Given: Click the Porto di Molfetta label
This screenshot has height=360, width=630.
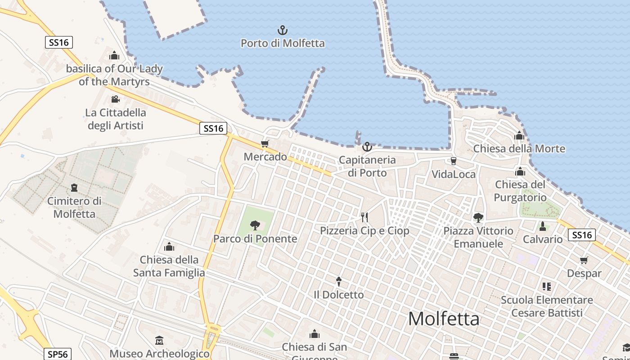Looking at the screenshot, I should [x=283, y=44].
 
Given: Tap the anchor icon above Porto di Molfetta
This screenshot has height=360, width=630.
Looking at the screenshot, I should [x=283, y=31].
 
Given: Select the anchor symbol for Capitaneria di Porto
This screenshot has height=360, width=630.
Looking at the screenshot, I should [x=367, y=147].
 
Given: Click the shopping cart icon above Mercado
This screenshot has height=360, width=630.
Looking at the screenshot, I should [x=265, y=144].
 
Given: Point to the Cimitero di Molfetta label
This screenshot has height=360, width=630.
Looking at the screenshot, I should [x=74, y=207].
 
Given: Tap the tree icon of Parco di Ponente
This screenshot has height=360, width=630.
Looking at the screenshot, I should [x=255, y=225].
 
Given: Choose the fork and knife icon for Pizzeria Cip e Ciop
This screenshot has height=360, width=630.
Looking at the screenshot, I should [x=364, y=217].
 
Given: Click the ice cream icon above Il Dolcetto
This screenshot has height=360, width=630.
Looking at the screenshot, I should [x=339, y=282].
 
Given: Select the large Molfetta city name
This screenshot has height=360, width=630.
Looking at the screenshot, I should [x=444, y=319].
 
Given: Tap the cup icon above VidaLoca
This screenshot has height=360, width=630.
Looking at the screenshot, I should [x=454, y=161].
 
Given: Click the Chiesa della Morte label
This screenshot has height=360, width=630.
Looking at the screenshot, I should [x=519, y=149].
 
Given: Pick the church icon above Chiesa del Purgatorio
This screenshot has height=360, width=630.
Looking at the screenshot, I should [x=520, y=171].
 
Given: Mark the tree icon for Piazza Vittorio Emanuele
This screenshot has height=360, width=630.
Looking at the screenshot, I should [x=478, y=218].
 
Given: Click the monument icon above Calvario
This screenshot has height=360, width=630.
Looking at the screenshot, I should [x=543, y=226].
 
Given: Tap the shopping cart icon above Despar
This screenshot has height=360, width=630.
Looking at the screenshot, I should [x=584, y=260].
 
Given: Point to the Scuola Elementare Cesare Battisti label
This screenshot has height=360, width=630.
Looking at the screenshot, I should [x=547, y=306].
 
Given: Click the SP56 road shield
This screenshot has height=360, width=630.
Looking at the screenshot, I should [x=58, y=354].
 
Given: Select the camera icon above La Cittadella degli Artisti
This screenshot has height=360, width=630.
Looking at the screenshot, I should [x=115, y=99].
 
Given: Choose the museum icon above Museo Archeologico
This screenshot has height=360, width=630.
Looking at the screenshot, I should [x=159, y=341].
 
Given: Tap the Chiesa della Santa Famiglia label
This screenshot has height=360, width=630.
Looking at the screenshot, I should [x=169, y=266].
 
